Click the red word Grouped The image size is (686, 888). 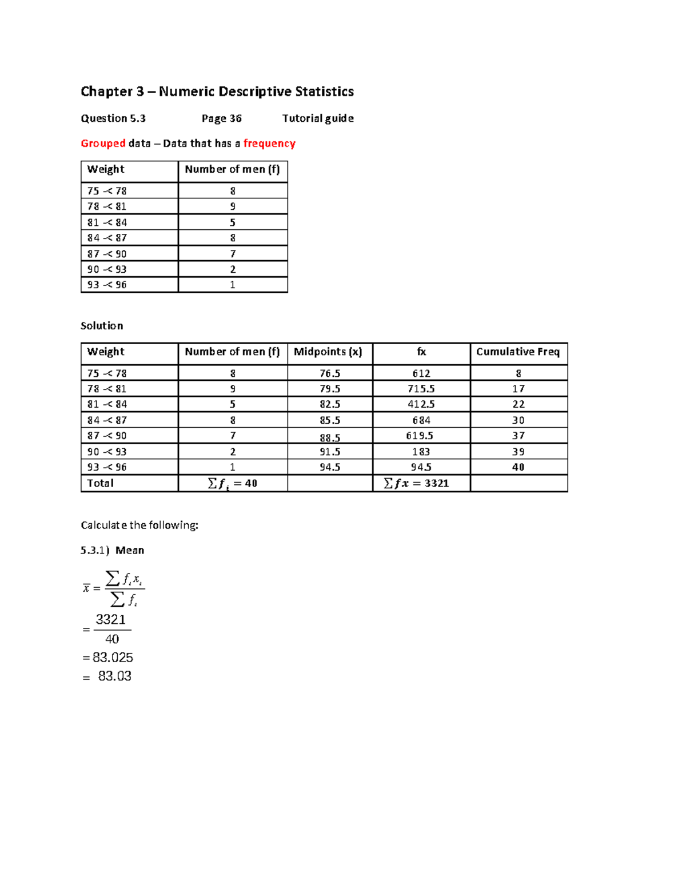click(x=103, y=144)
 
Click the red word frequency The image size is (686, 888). click(x=269, y=144)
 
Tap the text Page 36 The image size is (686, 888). click(x=221, y=118)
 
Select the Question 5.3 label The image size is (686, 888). click(x=113, y=118)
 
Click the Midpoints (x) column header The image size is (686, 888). click(x=328, y=352)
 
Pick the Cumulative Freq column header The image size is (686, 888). click(x=518, y=352)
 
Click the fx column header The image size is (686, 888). click(x=421, y=352)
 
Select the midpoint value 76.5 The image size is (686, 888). click(x=330, y=373)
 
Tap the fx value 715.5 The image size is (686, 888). click(x=421, y=389)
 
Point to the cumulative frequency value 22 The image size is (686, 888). click(x=519, y=404)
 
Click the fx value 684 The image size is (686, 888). click(x=421, y=420)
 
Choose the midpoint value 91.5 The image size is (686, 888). click(x=330, y=452)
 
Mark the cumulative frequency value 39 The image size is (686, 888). click(x=519, y=452)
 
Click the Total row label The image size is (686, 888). click(x=100, y=483)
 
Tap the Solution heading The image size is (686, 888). click(x=102, y=326)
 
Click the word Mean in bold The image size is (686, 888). click(x=130, y=550)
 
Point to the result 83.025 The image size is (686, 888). click(x=113, y=658)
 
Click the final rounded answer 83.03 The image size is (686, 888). click(x=114, y=676)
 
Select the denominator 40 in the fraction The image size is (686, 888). click(x=112, y=639)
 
